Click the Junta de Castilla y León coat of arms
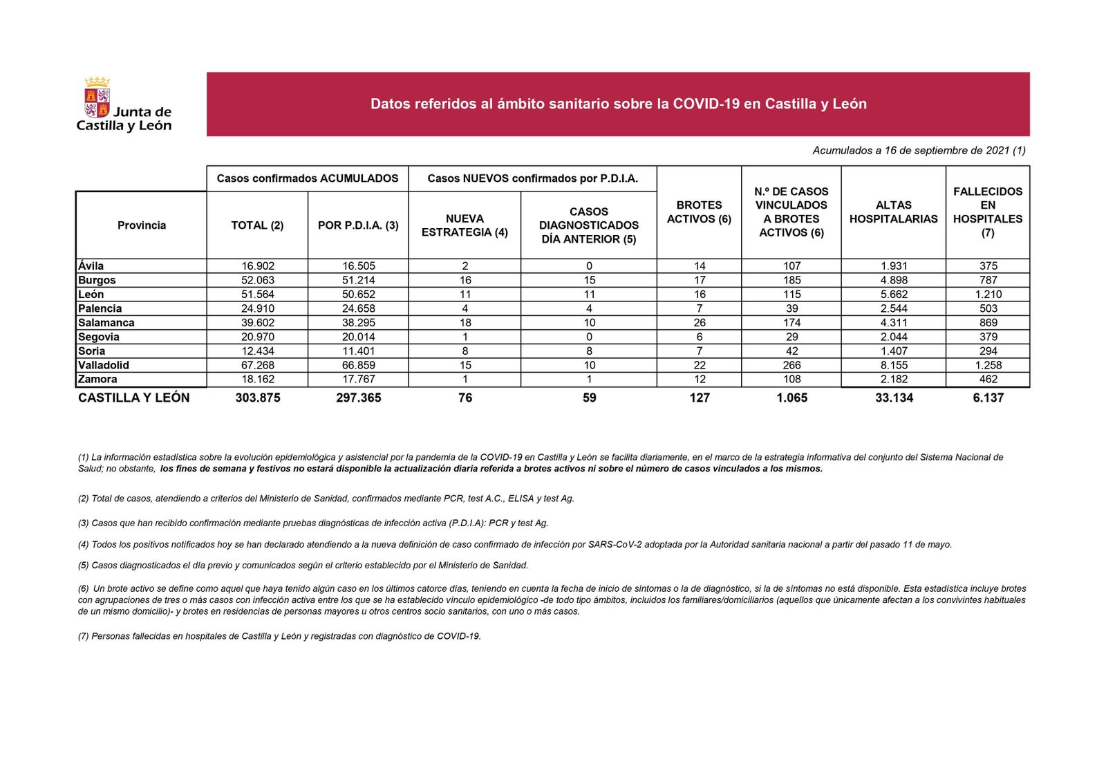pos(97,98)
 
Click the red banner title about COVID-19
pos(618,104)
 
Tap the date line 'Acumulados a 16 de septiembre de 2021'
pos(919,150)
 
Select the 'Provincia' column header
pos(142,225)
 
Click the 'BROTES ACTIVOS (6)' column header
pos(699,212)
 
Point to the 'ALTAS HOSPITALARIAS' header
pos(893,212)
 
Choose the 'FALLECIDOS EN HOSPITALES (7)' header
pos(987,212)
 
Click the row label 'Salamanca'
pos(106,323)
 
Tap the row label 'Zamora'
pos(97,379)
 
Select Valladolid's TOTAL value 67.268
pos(257,365)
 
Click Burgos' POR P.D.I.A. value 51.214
pos(358,280)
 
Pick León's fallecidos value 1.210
pos(988,295)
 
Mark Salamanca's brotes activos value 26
pos(700,323)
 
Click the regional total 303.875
pos(257,398)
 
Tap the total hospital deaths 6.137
pos(988,398)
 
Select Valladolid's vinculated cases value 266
pos(791,365)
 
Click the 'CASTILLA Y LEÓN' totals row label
pos(133,398)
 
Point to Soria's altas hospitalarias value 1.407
pos(894,351)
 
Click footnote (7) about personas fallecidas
pos(279,636)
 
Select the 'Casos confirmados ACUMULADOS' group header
pos(308,178)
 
